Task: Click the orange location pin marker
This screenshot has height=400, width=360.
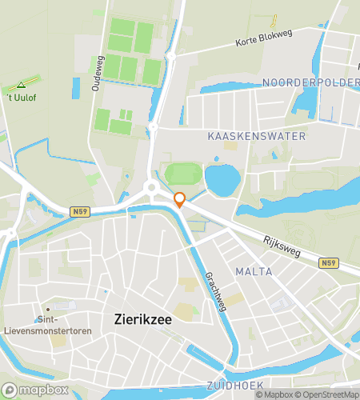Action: (x=180, y=200)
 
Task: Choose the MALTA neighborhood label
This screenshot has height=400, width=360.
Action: (x=254, y=272)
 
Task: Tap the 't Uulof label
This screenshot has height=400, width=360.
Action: (x=22, y=98)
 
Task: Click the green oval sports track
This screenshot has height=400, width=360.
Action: (x=184, y=174)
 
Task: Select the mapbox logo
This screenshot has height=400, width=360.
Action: (x=36, y=390)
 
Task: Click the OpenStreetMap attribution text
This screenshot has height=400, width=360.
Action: (x=323, y=394)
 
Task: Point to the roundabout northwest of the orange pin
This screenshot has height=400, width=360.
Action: (x=150, y=189)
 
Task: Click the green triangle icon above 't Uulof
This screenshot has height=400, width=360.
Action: (x=21, y=85)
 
